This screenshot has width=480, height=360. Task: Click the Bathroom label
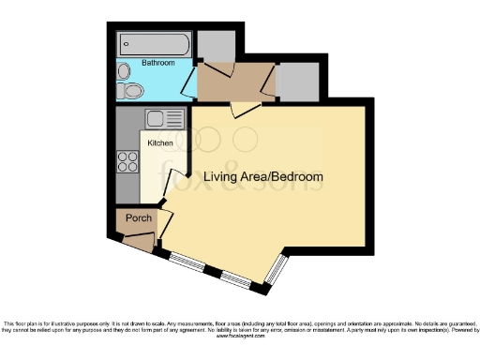pos(157,63)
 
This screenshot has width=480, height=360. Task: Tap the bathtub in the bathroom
pos(155,45)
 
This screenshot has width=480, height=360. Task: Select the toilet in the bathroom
pos(130,90)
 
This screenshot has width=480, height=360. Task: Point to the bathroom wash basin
pos(124,70)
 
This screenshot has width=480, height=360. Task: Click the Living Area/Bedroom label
pos(263,176)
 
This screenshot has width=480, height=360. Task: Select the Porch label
pos(139,218)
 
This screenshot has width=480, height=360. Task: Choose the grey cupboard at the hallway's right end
pos(299,82)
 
